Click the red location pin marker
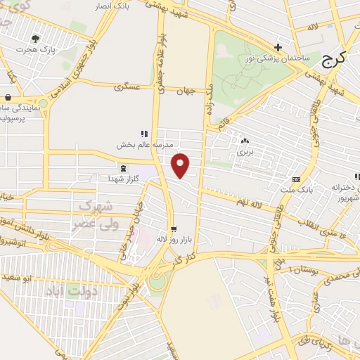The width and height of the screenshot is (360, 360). point(181,165)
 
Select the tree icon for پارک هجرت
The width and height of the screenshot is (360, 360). point(36,39)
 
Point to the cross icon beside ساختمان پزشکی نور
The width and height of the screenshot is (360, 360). point(279,48)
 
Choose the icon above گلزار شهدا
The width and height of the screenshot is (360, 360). point(124,168)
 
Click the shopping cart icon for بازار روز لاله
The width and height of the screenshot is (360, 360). point(174,229)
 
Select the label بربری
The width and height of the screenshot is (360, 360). point(244,152)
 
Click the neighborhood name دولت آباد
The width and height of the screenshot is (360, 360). point(70,290)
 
